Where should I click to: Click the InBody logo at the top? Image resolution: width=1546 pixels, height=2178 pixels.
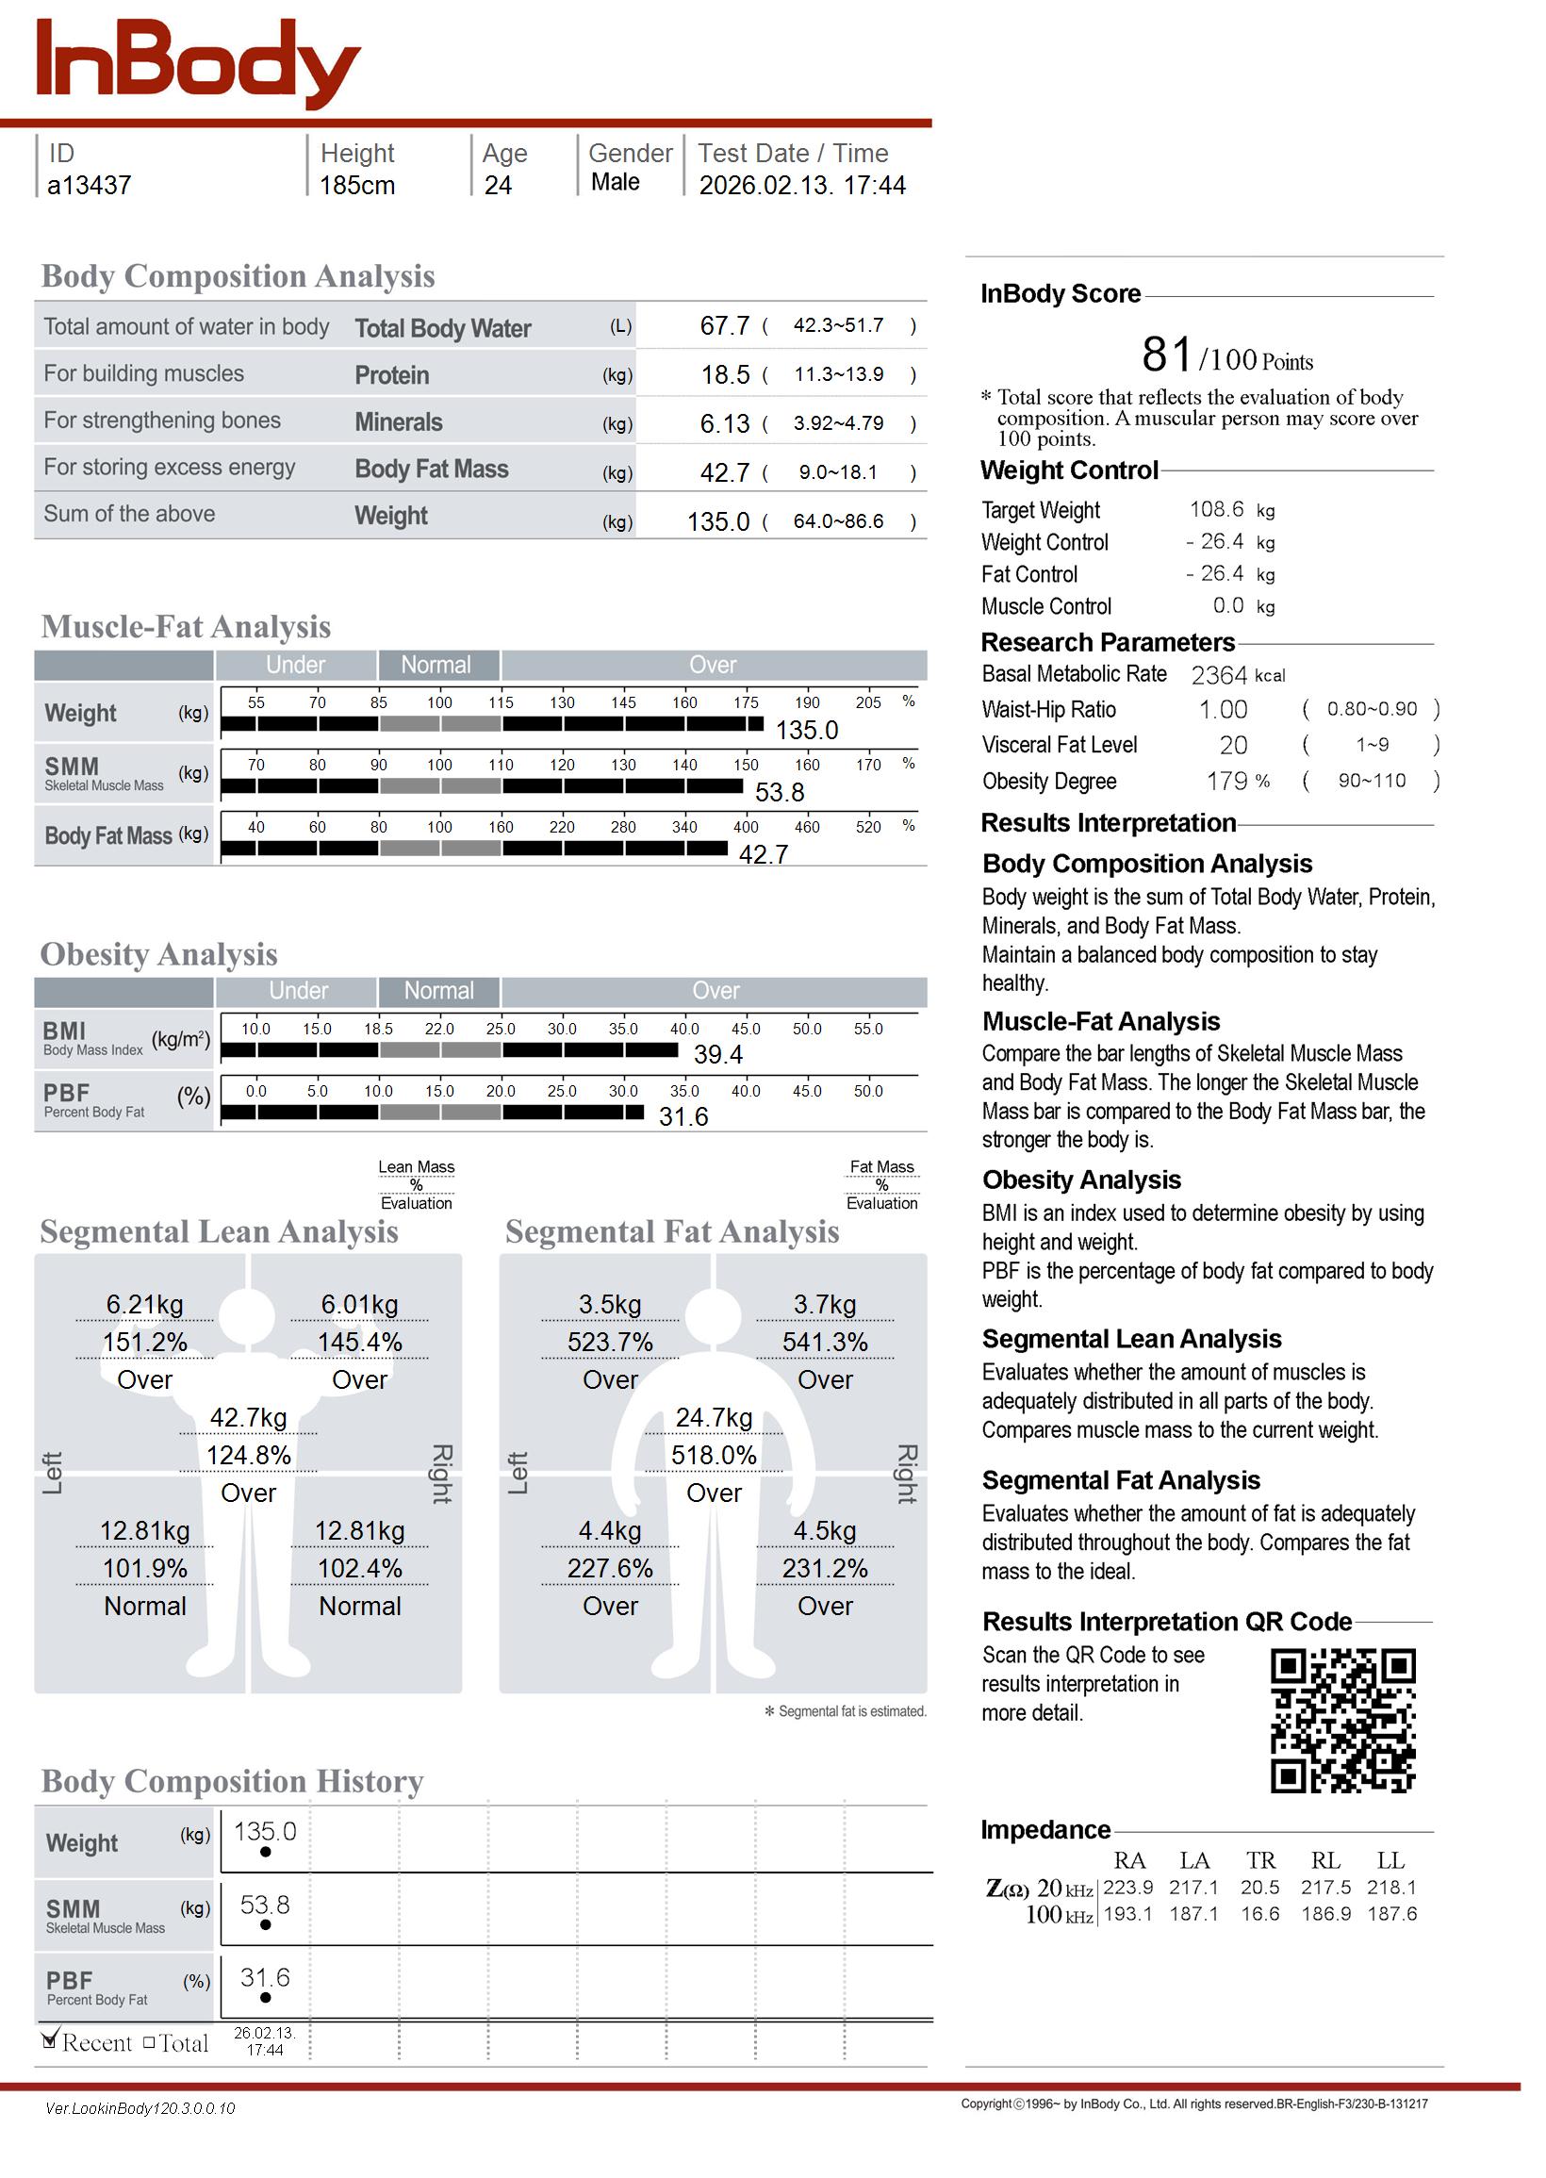click(197, 62)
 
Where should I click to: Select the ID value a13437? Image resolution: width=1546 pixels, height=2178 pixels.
click(90, 186)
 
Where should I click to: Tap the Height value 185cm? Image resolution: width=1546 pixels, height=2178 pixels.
click(357, 186)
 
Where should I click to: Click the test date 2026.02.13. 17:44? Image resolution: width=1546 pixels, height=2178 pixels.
click(801, 186)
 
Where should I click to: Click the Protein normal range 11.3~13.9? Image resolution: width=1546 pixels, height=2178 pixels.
click(838, 375)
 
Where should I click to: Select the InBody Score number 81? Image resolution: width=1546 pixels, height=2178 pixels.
click(1166, 355)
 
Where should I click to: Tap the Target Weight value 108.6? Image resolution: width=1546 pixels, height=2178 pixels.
click(1216, 510)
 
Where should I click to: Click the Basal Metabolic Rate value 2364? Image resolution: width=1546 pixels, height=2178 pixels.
click(1219, 676)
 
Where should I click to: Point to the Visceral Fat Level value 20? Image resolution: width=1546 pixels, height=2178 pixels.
click(1233, 747)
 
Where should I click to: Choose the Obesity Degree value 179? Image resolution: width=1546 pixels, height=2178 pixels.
click(1226, 782)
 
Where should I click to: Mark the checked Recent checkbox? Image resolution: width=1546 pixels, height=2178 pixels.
click(51, 2040)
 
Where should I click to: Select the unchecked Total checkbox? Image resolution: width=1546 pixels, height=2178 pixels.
click(150, 2043)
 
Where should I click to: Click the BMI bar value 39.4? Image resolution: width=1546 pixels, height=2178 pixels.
click(717, 1055)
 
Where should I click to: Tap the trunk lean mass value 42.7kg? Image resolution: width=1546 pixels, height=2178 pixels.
click(249, 1418)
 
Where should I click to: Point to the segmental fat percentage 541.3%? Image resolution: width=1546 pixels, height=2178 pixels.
click(825, 1344)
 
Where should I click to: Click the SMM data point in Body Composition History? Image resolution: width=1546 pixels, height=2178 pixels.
click(265, 1924)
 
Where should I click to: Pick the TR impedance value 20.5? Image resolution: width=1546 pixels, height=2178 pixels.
click(1259, 1888)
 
